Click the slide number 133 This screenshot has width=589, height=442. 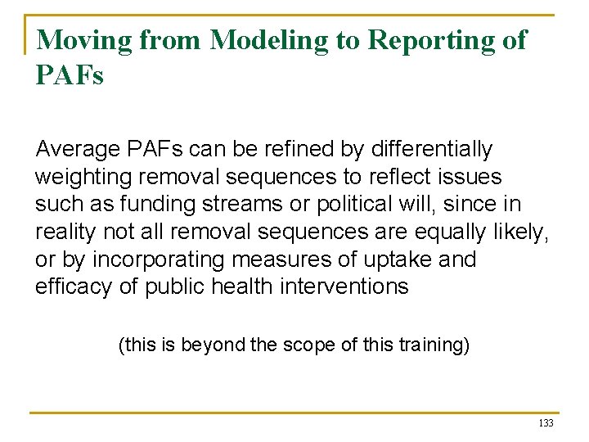(546, 423)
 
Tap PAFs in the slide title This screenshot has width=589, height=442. (70, 75)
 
